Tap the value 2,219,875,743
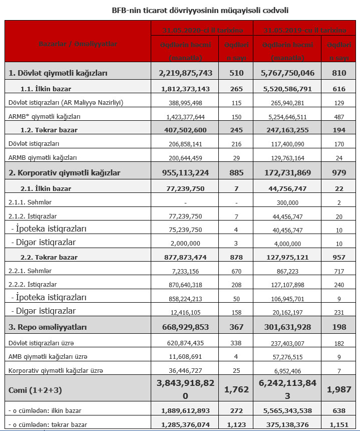click(186, 73)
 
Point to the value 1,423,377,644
click(186, 116)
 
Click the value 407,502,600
click(186, 130)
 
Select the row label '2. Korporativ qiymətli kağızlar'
click(65, 173)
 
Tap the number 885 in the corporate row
click(235, 173)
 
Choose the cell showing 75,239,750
click(186, 229)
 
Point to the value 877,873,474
click(186, 258)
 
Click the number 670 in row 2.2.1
click(235, 271)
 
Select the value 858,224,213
click(186, 298)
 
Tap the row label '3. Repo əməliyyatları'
click(48, 327)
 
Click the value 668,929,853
click(186, 327)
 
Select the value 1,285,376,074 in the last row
click(186, 425)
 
